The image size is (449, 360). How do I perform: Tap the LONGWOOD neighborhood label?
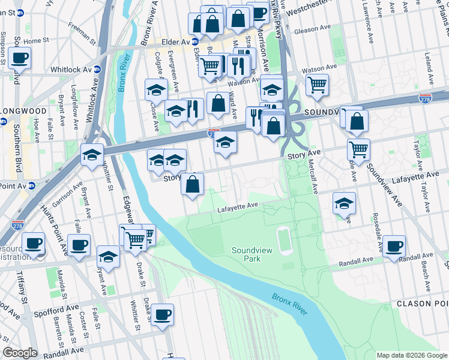pyautogui.click(x=25, y=111)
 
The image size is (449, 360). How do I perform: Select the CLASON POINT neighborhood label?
pyautogui.click(x=423, y=304)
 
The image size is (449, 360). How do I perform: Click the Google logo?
pyautogui.click(x=20, y=353)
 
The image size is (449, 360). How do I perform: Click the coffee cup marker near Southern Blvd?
pyautogui.click(x=19, y=59)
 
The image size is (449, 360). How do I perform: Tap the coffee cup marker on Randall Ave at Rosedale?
pyautogui.click(x=394, y=246)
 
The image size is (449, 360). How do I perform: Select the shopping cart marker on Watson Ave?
pyautogui.click(x=317, y=84)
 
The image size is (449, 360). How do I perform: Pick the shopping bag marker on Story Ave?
pyautogui.click(x=193, y=185)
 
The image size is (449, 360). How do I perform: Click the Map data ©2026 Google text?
pyautogui.click(x=411, y=355)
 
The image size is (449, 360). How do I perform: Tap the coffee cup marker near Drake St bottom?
pyautogui.click(x=161, y=315)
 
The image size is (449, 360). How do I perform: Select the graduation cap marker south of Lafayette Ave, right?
pyautogui.click(x=344, y=203)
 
